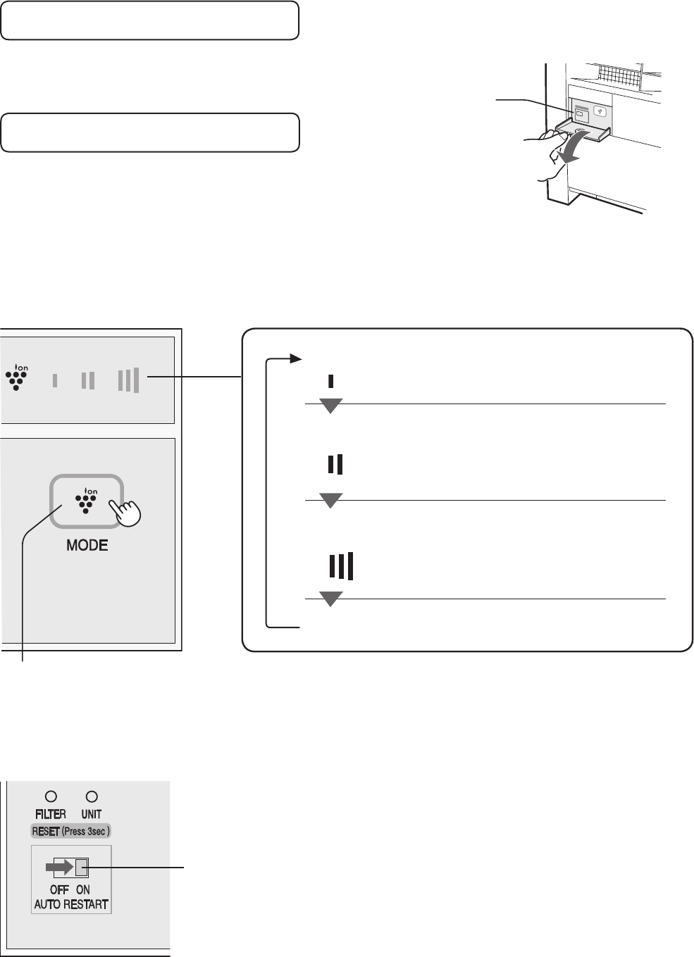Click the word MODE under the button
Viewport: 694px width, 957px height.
[x=87, y=545]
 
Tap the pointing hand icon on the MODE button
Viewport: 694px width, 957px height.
[x=125, y=512]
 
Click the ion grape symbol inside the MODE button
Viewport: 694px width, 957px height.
[x=86, y=500]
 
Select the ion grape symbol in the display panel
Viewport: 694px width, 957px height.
[x=16, y=377]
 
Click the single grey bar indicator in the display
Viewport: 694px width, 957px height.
[x=55, y=380]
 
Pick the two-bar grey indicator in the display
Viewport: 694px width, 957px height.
[x=88, y=380]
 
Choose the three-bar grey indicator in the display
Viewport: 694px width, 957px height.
[x=129, y=380]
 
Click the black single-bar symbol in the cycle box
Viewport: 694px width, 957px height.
[x=330, y=381]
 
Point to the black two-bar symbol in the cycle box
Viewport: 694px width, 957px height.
[x=335, y=464]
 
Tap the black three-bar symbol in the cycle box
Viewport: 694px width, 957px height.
[x=341, y=566]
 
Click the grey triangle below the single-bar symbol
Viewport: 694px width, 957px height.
[x=330, y=406]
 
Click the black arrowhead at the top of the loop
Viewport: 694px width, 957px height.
[x=296, y=358]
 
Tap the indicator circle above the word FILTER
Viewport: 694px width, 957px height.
[x=51, y=796]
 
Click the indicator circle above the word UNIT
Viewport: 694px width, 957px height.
[x=92, y=796]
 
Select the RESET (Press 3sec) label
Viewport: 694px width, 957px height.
[x=71, y=831]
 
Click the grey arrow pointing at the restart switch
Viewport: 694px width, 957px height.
[x=60, y=867]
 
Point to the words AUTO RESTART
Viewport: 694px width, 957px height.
[x=71, y=904]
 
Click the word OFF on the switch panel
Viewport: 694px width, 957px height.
[x=59, y=889]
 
